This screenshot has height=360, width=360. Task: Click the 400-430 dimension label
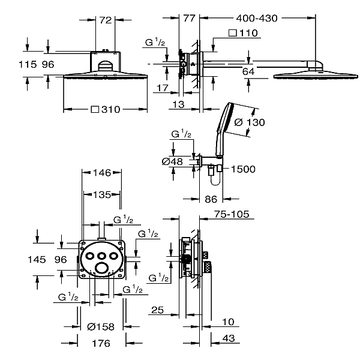click(x=257, y=19)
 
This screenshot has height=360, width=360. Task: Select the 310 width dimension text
click(x=111, y=110)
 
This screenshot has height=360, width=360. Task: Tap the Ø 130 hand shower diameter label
click(x=250, y=122)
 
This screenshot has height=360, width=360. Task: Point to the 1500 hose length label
click(x=243, y=169)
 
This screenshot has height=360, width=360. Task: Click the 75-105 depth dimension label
click(x=232, y=214)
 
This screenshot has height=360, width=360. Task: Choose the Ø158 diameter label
click(x=101, y=327)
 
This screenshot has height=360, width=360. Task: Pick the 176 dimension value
click(x=101, y=343)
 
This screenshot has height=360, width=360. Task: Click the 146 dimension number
click(x=102, y=173)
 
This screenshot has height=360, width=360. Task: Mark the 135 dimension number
click(x=102, y=195)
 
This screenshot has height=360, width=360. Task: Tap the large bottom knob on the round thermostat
click(x=101, y=268)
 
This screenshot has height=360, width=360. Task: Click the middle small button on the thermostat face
click(x=101, y=256)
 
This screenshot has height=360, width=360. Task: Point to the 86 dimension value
click(x=211, y=199)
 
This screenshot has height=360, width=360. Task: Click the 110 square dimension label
click(x=248, y=33)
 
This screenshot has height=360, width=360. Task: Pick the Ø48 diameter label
click(x=172, y=161)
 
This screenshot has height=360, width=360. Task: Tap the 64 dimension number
click(x=248, y=72)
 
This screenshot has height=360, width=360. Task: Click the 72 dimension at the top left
click(x=106, y=20)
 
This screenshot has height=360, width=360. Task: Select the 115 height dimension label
click(x=28, y=65)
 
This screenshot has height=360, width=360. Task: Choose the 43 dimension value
click(x=229, y=338)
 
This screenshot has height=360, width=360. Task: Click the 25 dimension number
click(x=157, y=310)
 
